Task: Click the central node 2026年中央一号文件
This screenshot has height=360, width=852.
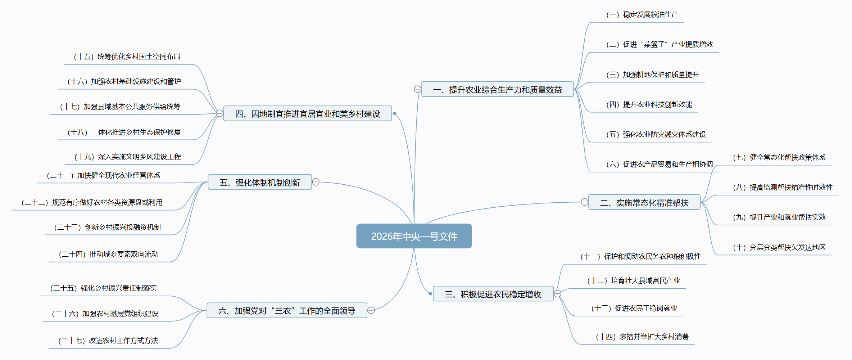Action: (x=414, y=236)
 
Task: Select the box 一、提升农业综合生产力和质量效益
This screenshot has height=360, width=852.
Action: (x=497, y=89)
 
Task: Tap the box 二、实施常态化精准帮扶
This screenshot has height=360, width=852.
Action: (x=644, y=202)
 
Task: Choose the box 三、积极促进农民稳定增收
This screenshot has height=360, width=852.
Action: (x=493, y=294)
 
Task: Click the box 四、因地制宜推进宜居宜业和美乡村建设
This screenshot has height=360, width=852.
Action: (x=307, y=114)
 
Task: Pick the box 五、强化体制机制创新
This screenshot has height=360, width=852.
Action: (x=259, y=182)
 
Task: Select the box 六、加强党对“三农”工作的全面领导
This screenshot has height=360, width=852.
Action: (x=287, y=310)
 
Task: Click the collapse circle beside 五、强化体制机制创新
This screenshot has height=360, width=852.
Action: (x=316, y=182)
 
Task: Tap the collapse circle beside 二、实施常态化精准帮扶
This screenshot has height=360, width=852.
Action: (x=584, y=202)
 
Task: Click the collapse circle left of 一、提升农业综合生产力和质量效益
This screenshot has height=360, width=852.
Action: (x=417, y=89)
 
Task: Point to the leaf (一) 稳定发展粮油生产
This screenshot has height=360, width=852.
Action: (x=642, y=15)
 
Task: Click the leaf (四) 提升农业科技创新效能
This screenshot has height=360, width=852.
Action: (x=649, y=105)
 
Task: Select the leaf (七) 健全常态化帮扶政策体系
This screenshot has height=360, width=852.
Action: (x=779, y=157)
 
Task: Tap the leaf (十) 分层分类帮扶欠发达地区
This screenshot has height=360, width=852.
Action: (x=779, y=247)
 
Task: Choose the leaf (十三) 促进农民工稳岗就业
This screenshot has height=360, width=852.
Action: (x=634, y=308)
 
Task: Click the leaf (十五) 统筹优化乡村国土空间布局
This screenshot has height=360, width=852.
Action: (x=127, y=57)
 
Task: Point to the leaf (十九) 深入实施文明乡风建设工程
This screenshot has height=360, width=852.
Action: (x=127, y=157)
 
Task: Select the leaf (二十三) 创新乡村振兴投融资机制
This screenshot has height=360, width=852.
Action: (x=107, y=227)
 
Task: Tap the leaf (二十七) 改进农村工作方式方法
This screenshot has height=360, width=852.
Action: (x=108, y=341)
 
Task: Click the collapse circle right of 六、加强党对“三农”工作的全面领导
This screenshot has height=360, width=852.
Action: (x=371, y=310)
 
